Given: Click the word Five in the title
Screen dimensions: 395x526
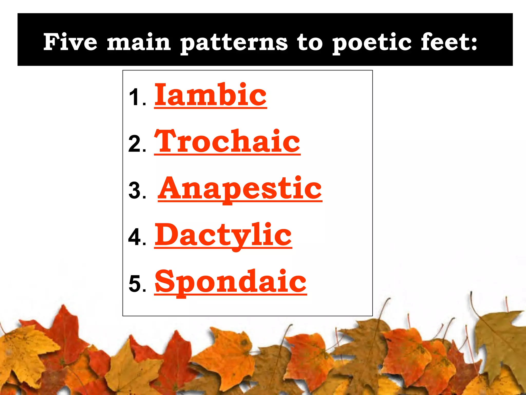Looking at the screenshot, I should (70, 42).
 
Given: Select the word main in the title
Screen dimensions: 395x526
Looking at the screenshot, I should (139, 42).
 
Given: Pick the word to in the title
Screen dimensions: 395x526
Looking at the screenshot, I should (310, 43).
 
